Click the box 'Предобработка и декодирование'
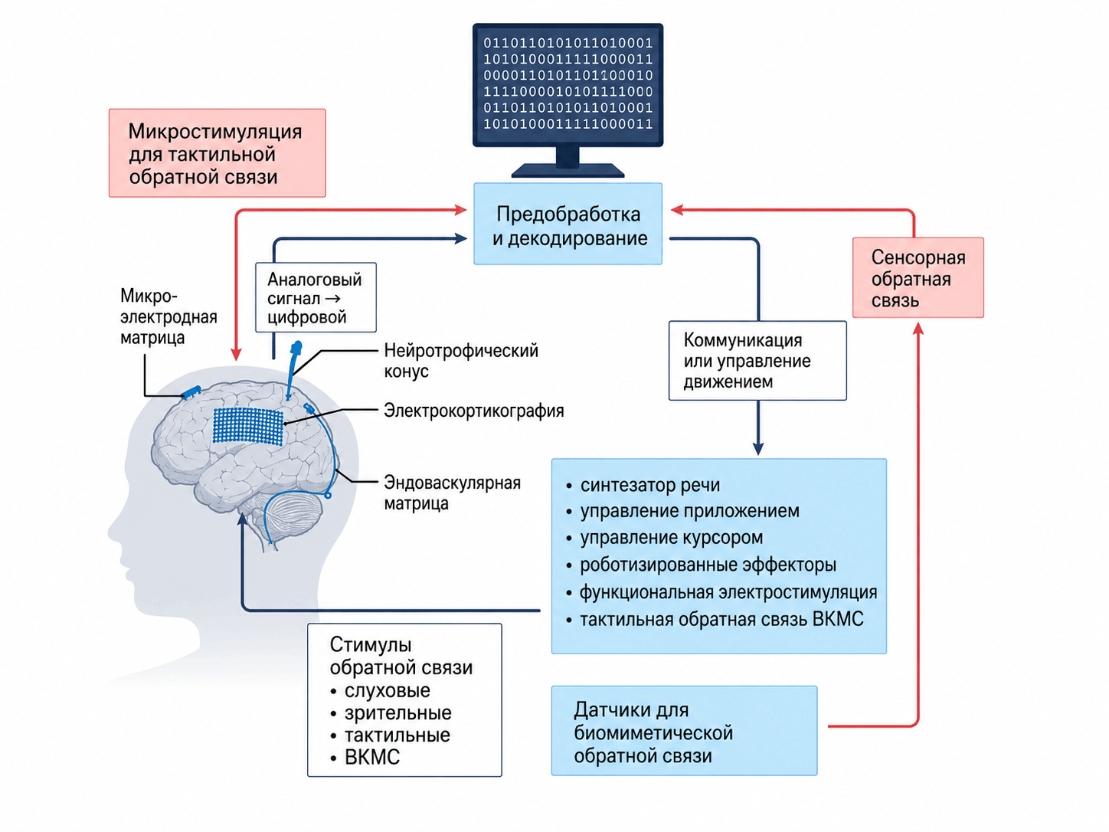click(568, 224)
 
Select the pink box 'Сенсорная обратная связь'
click(918, 277)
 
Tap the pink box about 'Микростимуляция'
click(218, 153)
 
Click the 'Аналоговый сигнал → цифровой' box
click(316, 297)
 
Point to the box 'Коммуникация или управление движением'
click(757, 361)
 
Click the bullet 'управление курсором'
click(664, 538)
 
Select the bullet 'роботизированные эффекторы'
click(701, 565)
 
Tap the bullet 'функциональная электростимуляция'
click(721, 592)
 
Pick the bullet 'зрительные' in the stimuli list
click(391, 712)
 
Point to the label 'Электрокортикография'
click(474, 411)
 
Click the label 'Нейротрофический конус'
click(461, 361)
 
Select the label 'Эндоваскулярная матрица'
click(452, 493)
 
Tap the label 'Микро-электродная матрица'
click(168, 316)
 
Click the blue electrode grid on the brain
click(247, 427)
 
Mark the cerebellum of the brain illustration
click(294, 516)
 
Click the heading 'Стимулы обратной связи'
click(401, 657)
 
